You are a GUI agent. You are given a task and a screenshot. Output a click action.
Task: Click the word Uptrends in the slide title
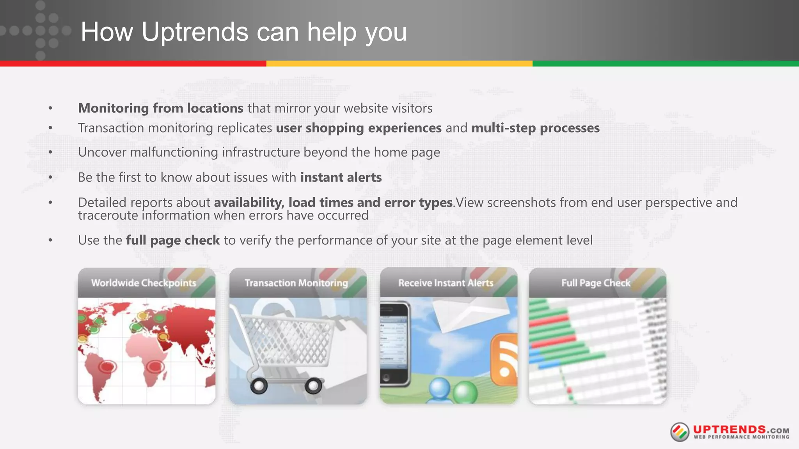(x=195, y=32)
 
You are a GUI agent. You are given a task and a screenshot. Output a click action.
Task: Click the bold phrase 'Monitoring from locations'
(x=160, y=108)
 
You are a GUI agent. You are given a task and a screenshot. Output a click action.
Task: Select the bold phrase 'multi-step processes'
(x=535, y=128)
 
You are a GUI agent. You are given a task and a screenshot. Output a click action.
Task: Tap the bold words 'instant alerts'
(x=341, y=177)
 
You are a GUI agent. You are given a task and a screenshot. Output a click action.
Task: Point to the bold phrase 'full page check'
(x=173, y=240)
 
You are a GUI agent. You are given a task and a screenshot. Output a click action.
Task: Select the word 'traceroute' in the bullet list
(x=108, y=215)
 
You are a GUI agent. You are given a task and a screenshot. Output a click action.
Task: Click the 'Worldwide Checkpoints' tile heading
(x=144, y=283)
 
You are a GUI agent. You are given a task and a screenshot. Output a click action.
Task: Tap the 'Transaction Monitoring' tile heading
(x=296, y=283)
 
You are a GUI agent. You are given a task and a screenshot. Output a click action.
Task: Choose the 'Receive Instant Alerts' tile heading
(x=446, y=283)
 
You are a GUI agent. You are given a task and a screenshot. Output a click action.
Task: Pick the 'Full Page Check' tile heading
(x=596, y=283)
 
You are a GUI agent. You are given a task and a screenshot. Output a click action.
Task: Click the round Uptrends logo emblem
(x=680, y=432)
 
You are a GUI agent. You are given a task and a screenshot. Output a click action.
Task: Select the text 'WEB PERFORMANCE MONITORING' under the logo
(x=741, y=437)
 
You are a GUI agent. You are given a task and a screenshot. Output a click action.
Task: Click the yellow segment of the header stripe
(x=399, y=64)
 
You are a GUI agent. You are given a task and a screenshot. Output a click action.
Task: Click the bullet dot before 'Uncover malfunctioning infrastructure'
(x=50, y=152)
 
